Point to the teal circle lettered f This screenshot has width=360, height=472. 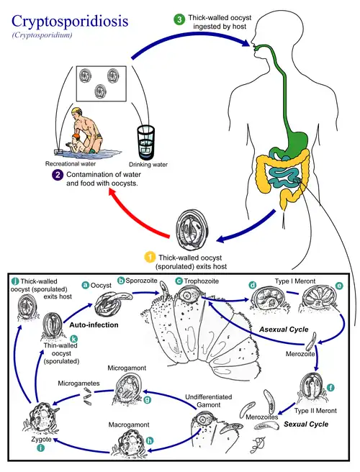(x=330, y=387)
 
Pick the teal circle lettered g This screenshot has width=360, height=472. (x=147, y=398)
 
